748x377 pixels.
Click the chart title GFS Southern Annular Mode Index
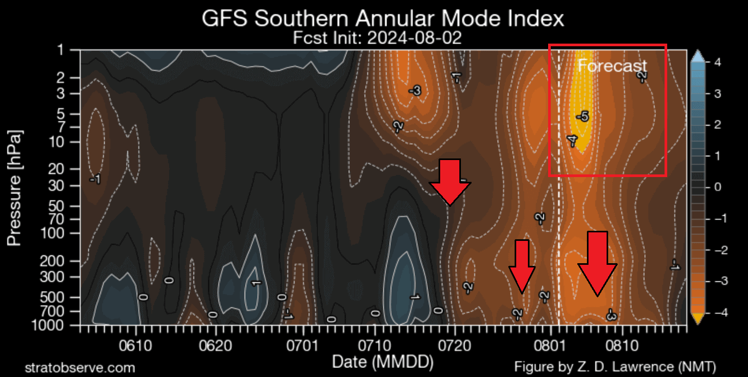click(382, 19)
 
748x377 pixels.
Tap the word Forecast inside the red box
click(612, 66)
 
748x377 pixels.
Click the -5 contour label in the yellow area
click(582, 116)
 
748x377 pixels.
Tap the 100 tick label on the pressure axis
click(66, 233)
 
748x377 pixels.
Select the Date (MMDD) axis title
click(382, 362)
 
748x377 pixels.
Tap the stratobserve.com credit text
click(80, 367)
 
